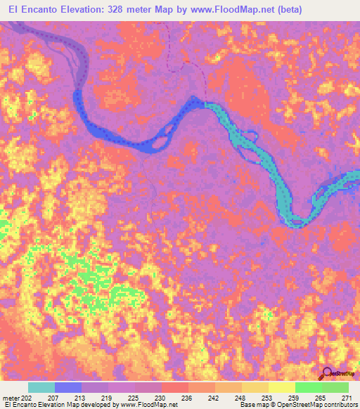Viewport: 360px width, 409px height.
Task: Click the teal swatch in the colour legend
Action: [x=41, y=387]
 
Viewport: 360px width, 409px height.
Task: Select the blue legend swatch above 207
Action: [x=68, y=387]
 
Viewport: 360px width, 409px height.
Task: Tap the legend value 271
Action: [x=347, y=398]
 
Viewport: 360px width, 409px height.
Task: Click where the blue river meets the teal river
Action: [x=205, y=105]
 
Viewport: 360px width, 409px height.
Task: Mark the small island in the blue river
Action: [x=158, y=141]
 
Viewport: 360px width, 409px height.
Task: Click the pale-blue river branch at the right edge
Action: [x=337, y=184]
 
